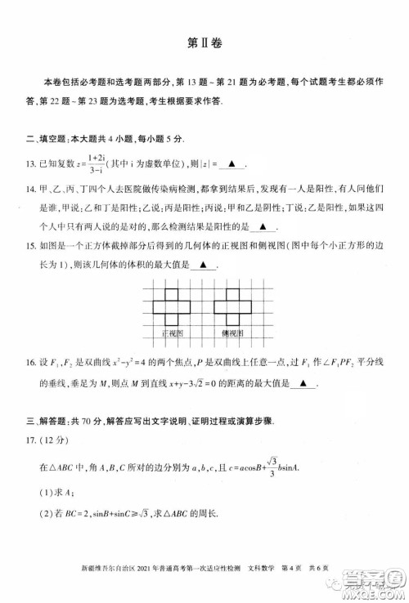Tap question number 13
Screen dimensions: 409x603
pyautogui.click(x=31, y=164)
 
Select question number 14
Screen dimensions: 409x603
pyautogui.click(x=31, y=190)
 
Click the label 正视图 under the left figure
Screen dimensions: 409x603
pyautogui.click(x=173, y=334)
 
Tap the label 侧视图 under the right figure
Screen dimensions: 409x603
pyautogui.click(x=234, y=334)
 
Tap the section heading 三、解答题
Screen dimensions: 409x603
pyautogui.click(x=49, y=422)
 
